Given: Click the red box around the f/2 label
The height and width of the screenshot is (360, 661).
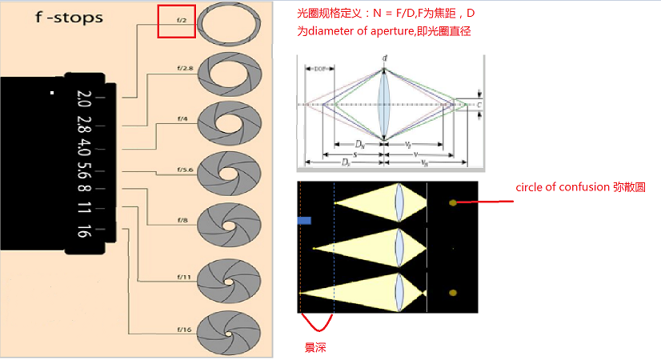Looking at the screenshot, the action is pyautogui.click(x=176, y=22).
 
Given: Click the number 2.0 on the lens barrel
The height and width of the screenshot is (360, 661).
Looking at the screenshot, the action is pyautogui.click(x=83, y=99).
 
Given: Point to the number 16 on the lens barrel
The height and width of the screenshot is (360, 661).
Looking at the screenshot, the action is pyautogui.click(x=83, y=231).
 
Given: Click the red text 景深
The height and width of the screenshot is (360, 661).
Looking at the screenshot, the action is pyautogui.click(x=314, y=349).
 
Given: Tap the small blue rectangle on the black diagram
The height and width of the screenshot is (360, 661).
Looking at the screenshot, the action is pyautogui.click(x=304, y=219).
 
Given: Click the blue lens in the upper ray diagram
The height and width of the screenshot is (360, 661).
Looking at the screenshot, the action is pyautogui.click(x=385, y=102).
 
